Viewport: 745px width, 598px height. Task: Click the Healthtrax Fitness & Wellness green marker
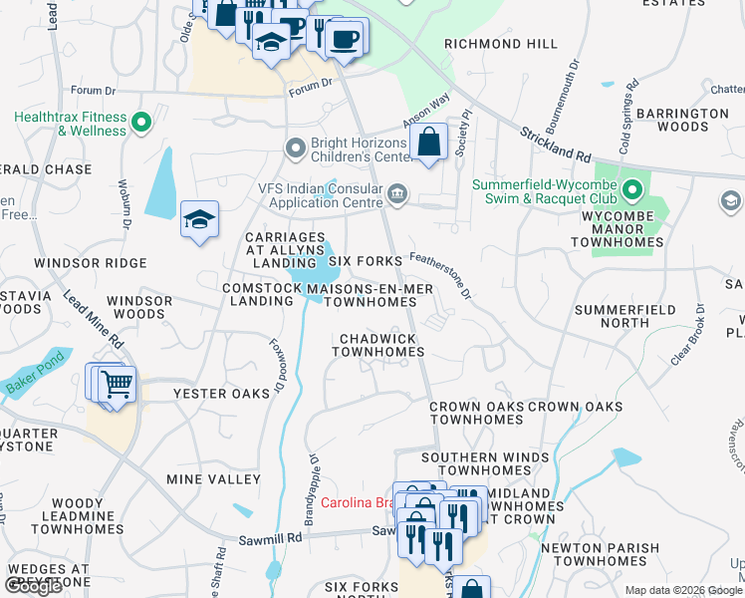pyautogui.click(x=141, y=125)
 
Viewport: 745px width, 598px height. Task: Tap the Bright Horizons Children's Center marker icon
pyautogui.click(x=295, y=149)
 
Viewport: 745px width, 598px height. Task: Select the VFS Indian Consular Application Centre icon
pyautogui.click(x=397, y=192)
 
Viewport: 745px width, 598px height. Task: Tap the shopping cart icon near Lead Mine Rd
pyautogui.click(x=118, y=384)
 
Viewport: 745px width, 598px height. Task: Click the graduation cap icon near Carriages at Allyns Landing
pyautogui.click(x=199, y=219)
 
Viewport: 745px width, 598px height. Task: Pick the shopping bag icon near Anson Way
pyautogui.click(x=428, y=143)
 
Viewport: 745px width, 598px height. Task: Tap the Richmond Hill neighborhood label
pyautogui.click(x=501, y=44)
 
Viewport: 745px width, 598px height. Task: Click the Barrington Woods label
pyautogui.click(x=671, y=121)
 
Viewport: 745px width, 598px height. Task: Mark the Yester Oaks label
pyautogui.click(x=221, y=394)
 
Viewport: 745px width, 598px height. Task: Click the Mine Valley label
pyautogui.click(x=213, y=479)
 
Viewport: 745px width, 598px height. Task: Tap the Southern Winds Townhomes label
pyautogui.click(x=484, y=463)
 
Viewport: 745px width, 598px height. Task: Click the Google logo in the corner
pyautogui.click(x=34, y=586)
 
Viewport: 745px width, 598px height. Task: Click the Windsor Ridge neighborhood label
pyautogui.click(x=90, y=263)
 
